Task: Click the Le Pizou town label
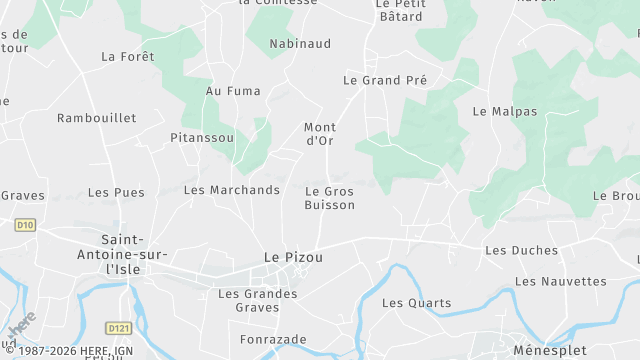(293, 257)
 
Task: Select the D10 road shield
(25, 226)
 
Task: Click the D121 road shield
(118, 327)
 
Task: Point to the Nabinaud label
(301, 44)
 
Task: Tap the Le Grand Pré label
(385, 80)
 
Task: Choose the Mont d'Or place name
(319, 134)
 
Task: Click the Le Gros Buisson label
(329, 198)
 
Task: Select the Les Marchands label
(232, 190)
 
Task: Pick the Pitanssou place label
(202, 137)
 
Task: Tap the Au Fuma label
(233, 91)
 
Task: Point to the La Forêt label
(127, 57)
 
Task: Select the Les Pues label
(116, 192)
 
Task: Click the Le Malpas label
(505, 111)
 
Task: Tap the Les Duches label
(521, 250)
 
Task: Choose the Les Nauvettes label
(561, 282)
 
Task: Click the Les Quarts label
(417, 303)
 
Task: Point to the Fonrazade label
(273, 340)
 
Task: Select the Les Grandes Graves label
(258, 301)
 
